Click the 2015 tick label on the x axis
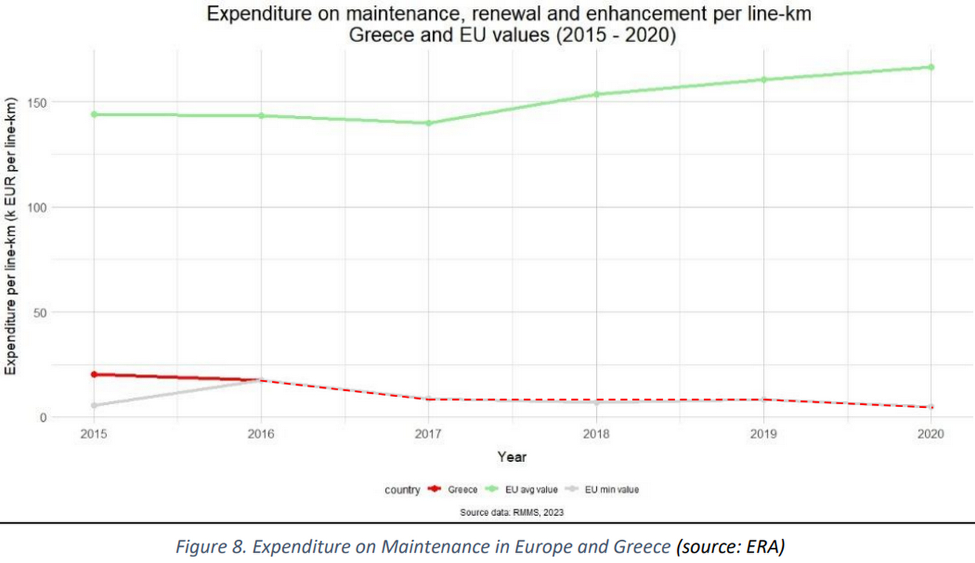[x=93, y=434]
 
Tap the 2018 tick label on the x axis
[x=596, y=434]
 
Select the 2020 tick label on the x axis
[x=931, y=434]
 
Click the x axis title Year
[x=512, y=457]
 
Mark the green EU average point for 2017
[x=428, y=123]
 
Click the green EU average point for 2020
[x=931, y=67]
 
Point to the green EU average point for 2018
[x=596, y=94]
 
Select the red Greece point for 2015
[x=94, y=375]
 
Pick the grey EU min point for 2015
[x=94, y=406]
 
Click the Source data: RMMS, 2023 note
[x=512, y=511]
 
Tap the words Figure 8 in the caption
[x=201, y=547]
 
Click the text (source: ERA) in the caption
[x=728, y=547]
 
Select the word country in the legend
[x=402, y=489]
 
